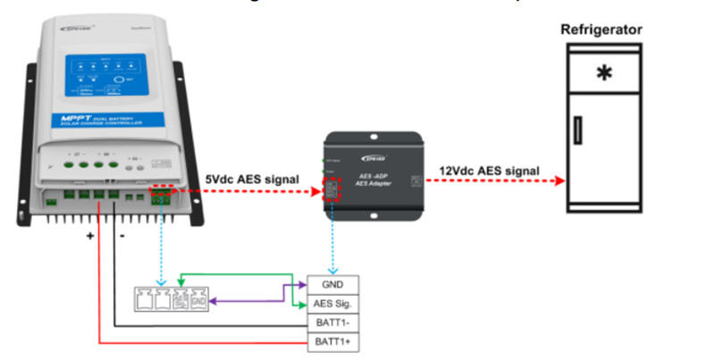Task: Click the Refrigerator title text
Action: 601,30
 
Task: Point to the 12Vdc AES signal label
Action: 488,170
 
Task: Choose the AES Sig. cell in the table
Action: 333,303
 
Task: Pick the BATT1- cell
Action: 333,322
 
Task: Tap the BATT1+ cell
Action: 333,341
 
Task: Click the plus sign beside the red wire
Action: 89,237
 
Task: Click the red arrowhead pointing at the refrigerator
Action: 559,180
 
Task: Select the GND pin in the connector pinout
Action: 198,300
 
